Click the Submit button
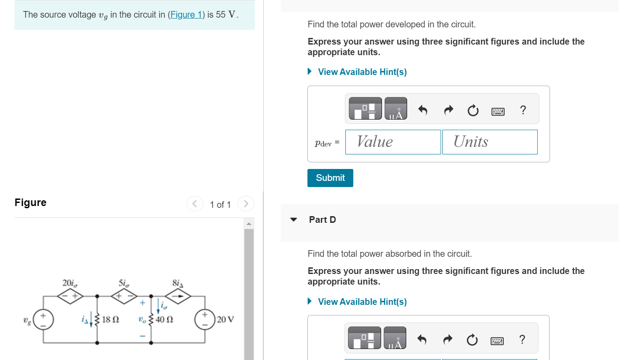[x=330, y=178]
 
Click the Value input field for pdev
[x=393, y=142]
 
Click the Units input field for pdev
[x=490, y=142]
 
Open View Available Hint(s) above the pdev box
[x=362, y=72]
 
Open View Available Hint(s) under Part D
[x=362, y=302]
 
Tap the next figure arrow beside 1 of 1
[x=246, y=204]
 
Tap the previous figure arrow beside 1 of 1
[x=195, y=204]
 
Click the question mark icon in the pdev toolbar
[x=523, y=110]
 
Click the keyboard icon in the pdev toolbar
[x=498, y=112]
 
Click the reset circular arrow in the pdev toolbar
[x=472, y=110]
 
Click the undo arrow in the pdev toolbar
[x=423, y=110]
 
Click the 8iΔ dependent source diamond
[x=179, y=297]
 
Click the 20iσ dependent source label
[x=68, y=282]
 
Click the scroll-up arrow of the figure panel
[x=249, y=224]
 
